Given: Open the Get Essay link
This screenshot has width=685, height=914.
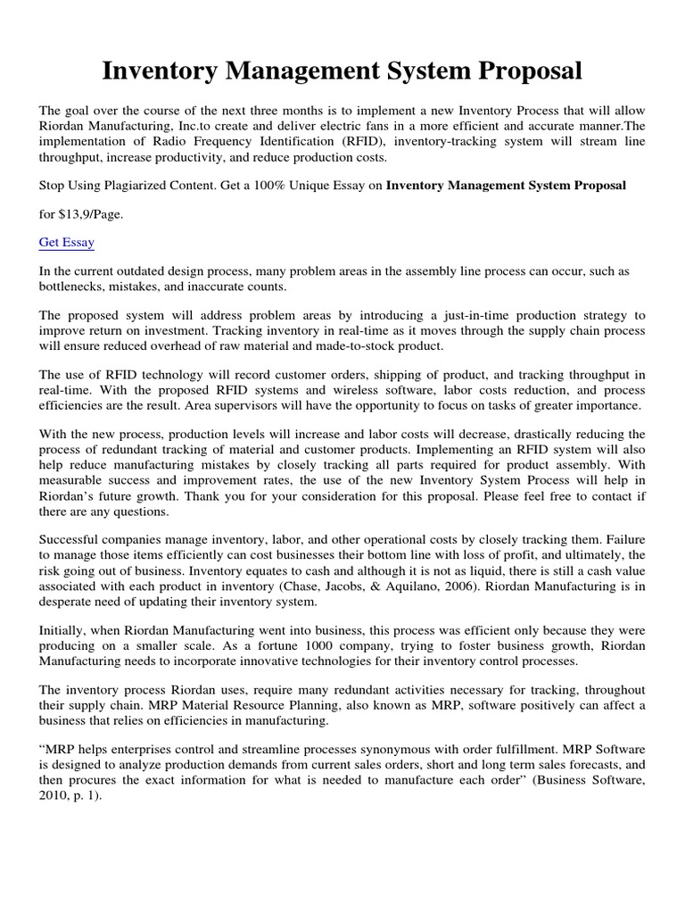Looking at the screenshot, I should (67, 242).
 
